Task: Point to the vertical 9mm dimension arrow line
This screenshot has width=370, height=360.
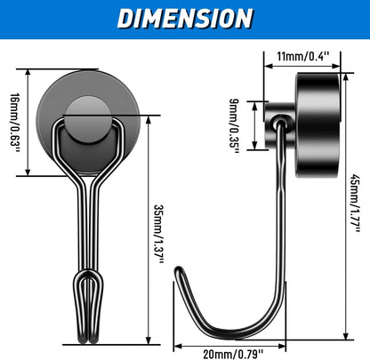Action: (255, 125)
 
